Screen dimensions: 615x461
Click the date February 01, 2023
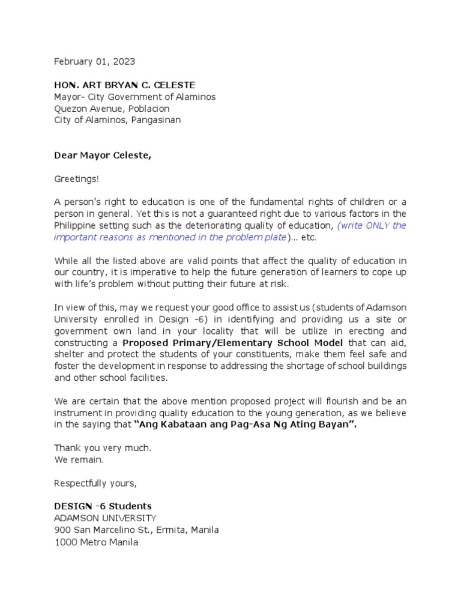(x=94, y=61)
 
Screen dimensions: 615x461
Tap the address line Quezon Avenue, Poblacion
(x=112, y=108)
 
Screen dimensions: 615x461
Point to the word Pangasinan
(x=153, y=120)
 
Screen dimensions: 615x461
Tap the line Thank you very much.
(x=103, y=448)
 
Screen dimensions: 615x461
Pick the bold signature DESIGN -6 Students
(x=103, y=506)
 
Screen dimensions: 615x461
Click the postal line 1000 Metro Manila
(x=96, y=542)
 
